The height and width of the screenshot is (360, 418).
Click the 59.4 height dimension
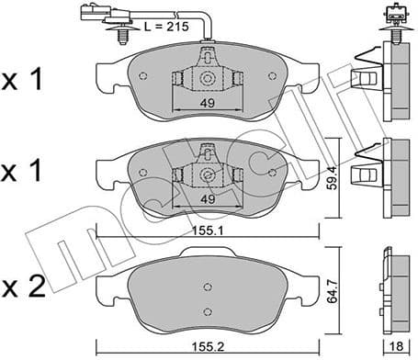pos(341,174)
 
